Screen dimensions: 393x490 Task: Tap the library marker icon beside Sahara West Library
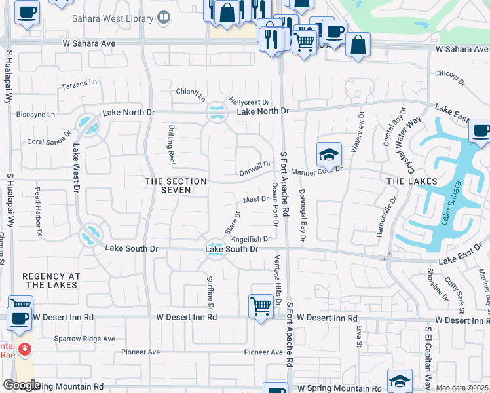point(164,19)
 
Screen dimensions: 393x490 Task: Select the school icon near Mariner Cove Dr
point(329,155)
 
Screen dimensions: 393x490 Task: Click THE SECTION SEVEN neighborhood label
point(176,185)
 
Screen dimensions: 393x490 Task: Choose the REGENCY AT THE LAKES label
point(51,281)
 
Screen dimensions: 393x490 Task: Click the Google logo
point(22,385)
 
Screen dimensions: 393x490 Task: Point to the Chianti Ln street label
point(191,94)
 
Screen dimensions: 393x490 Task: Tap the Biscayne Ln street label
point(36,114)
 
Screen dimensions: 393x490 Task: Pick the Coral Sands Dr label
point(49,141)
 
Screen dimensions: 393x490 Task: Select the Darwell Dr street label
point(255,168)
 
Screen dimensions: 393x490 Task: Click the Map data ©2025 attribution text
point(462,388)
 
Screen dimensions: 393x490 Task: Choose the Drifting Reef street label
point(172,147)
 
